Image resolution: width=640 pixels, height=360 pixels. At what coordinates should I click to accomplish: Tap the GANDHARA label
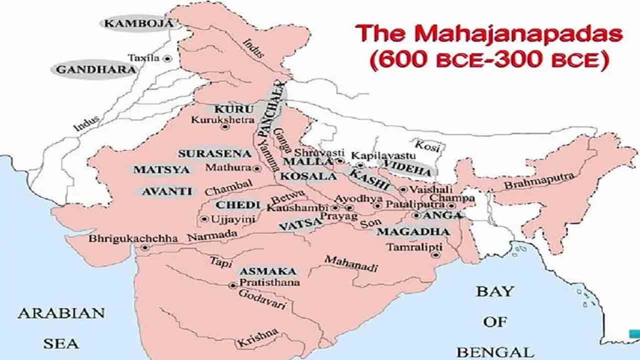point(96,69)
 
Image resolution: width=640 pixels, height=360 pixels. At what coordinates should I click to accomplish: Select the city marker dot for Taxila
point(167,58)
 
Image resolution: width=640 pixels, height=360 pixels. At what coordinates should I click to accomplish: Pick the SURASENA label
point(207,153)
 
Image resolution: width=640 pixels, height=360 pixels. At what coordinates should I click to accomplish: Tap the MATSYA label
point(153,169)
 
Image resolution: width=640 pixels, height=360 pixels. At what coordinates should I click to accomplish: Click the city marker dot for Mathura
point(257,169)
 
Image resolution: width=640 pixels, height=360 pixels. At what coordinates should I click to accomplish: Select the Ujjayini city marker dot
point(205,219)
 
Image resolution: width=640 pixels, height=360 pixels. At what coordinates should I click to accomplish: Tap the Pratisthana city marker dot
point(232,285)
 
